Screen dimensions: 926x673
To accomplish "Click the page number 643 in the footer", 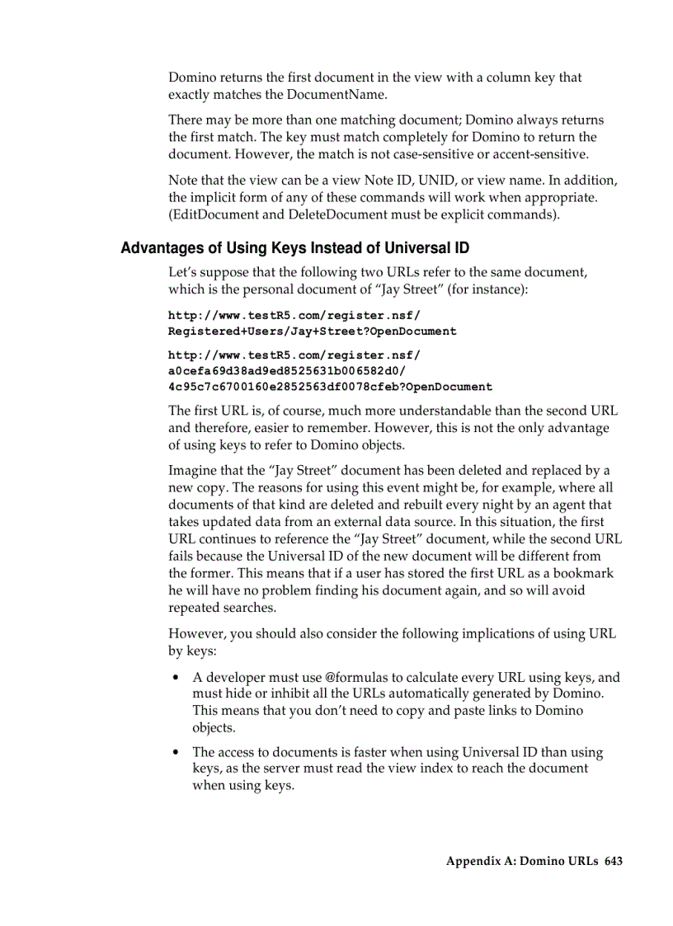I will [613, 861].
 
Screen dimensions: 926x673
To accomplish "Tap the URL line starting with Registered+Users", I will [312, 331].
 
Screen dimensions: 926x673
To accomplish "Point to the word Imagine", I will [192, 471].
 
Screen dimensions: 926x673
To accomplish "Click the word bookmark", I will [583, 573].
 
